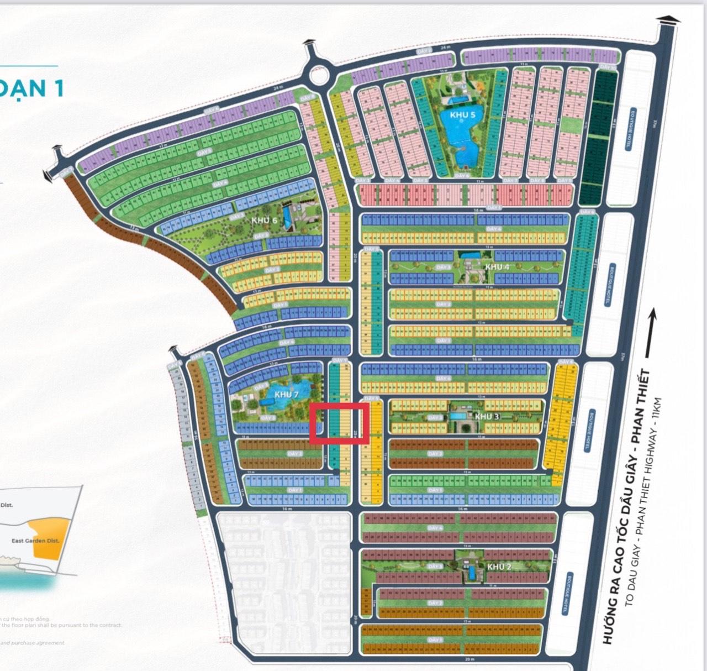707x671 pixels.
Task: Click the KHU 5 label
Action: tap(462, 115)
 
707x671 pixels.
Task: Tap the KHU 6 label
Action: tap(264, 220)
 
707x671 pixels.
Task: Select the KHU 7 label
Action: tap(286, 395)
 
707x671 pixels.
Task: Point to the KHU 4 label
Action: tap(497, 266)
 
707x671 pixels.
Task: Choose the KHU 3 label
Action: tap(487, 416)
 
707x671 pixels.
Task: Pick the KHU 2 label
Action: tap(499, 567)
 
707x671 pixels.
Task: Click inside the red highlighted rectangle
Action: tap(339, 423)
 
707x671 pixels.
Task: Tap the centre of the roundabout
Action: tap(318, 74)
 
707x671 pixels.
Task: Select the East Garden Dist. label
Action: tap(35, 541)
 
